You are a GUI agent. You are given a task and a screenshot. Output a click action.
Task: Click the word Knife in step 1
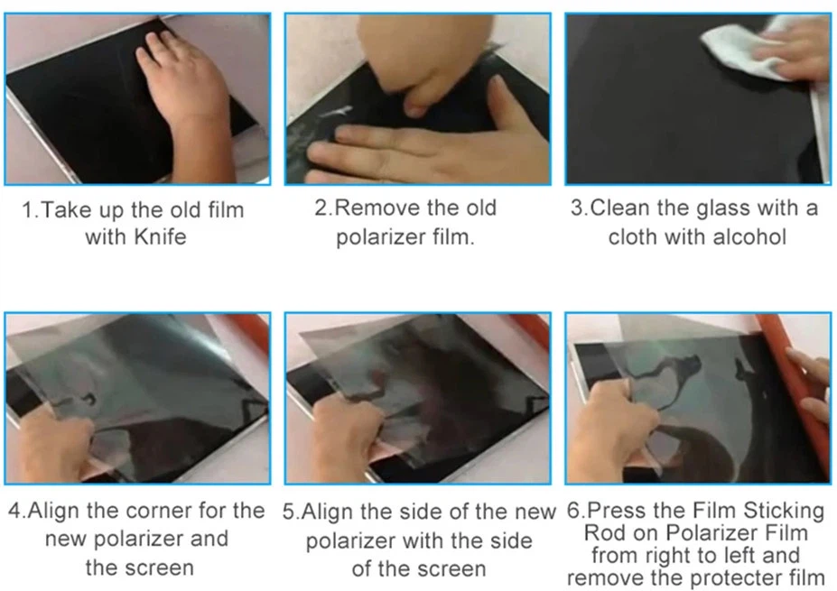coord(160,236)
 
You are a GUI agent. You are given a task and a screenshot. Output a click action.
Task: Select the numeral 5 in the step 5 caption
coord(288,512)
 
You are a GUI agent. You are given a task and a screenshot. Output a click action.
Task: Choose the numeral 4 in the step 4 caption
coord(14,511)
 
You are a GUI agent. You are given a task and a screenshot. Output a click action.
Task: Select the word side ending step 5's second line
coord(510,540)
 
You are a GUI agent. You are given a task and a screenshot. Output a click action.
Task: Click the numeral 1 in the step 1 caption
coord(27,210)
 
